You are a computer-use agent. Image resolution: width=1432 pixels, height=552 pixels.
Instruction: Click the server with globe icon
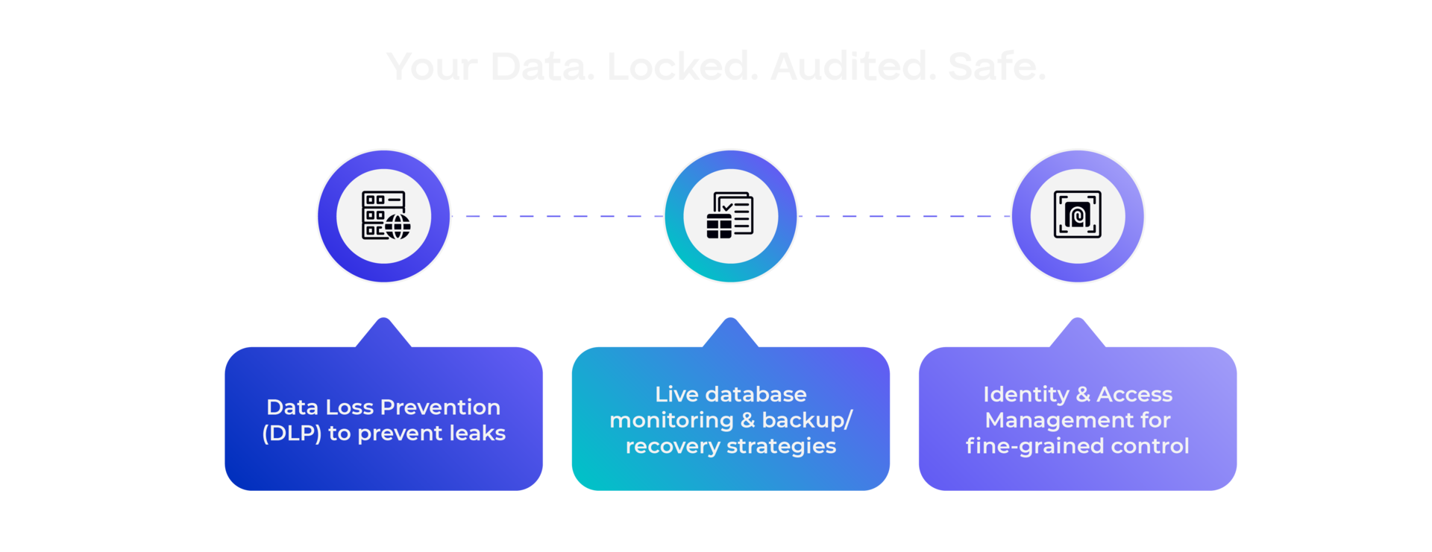click(384, 216)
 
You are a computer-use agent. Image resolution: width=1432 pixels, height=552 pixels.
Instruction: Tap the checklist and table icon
click(730, 216)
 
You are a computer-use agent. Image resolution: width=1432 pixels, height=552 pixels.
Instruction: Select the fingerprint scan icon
click(1077, 215)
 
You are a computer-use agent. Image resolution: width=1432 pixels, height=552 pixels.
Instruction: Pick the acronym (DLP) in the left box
click(292, 434)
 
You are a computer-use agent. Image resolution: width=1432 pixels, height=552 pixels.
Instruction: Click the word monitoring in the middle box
click(671, 420)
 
